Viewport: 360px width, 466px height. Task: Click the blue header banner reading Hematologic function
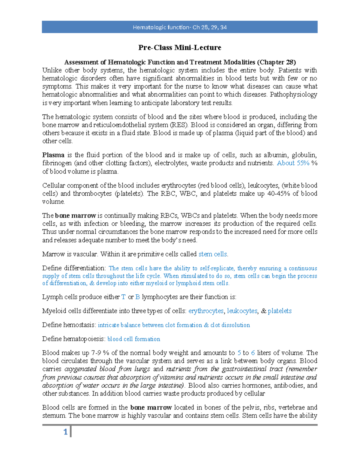pos(179,27)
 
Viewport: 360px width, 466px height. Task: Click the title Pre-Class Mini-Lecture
pos(180,47)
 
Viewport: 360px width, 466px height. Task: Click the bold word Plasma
pos(53,155)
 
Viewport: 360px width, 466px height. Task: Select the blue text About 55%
pos(293,163)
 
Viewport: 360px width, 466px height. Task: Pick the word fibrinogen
pos(57,163)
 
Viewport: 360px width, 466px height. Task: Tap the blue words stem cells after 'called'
pos(213,254)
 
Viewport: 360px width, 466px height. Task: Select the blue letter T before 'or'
pos(123,297)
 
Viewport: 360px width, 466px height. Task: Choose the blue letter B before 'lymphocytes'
pos(138,297)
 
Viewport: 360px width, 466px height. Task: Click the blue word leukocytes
pos(242,311)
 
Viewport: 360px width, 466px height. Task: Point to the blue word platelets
pos(280,311)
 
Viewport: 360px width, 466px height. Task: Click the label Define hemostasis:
pos(69,325)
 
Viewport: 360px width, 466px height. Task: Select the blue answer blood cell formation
pos(134,339)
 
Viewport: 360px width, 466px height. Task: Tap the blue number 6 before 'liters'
pos(253,353)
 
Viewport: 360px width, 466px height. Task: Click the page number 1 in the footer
pos(65,432)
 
